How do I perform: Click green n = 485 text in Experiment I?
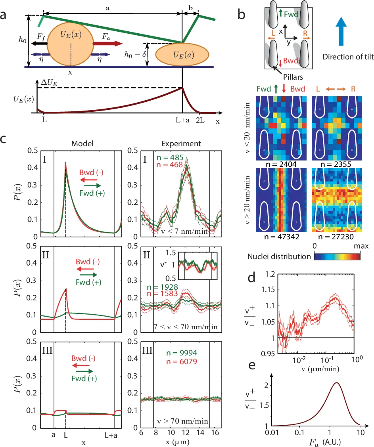(x=174, y=158)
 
